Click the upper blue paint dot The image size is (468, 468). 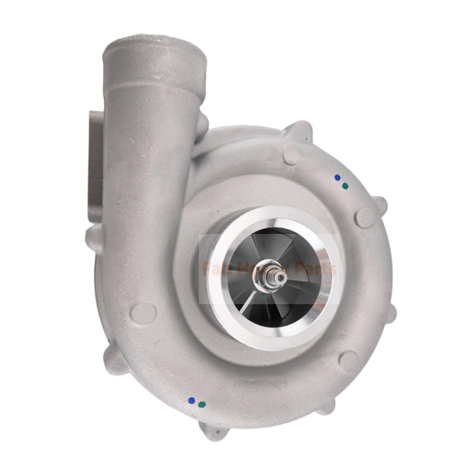point(337,177)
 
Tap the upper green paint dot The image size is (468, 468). point(344,186)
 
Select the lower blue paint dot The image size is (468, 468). point(192,400)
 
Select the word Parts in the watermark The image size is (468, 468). point(314,268)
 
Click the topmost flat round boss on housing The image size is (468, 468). point(291,154)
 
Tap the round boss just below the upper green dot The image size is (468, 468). point(363,216)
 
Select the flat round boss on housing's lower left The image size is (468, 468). point(145,312)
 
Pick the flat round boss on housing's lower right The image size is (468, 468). point(350,360)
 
